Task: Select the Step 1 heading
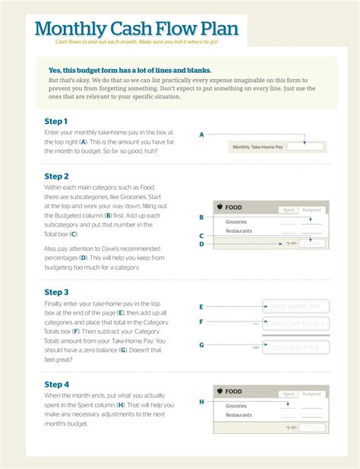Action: click(x=56, y=122)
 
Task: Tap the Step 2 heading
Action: click(x=57, y=176)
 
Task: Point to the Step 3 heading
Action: click(x=57, y=292)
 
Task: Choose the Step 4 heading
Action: click(x=57, y=385)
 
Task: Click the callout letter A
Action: click(x=201, y=135)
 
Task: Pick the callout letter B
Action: click(x=201, y=217)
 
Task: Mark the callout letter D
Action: click(x=201, y=244)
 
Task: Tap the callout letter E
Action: click(x=201, y=307)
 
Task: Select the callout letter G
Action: click(x=201, y=345)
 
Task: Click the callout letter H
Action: click(x=201, y=401)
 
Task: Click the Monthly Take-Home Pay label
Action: click(x=257, y=147)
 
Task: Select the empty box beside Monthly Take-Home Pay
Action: click(x=305, y=147)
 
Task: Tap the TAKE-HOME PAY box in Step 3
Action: click(x=295, y=306)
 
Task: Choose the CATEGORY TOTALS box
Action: click(x=295, y=325)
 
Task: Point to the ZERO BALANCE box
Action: click(x=295, y=347)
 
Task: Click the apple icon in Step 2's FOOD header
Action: click(x=219, y=206)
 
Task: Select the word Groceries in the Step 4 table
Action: click(x=236, y=406)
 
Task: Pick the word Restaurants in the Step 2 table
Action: click(x=238, y=231)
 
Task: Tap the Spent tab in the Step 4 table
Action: click(x=289, y=394)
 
